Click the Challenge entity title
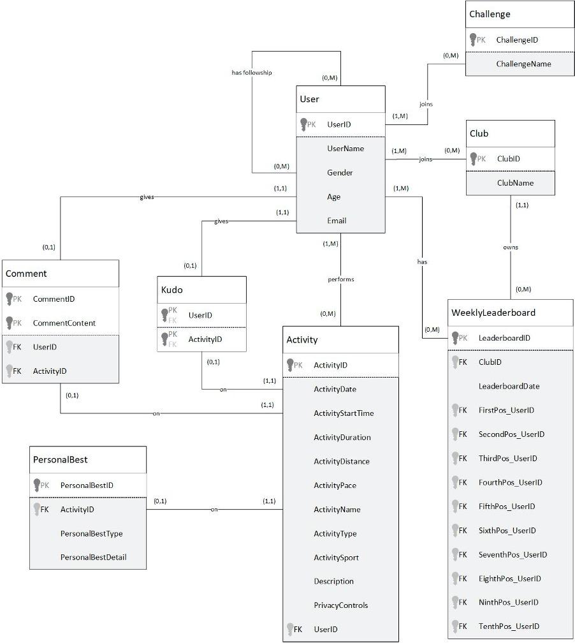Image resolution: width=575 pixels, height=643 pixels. tap(490, 14)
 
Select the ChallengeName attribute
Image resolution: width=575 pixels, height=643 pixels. tap(523, 64)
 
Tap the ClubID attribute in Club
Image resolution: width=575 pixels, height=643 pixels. tap(508, 159)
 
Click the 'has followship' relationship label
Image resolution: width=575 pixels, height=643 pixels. tap(251, 73)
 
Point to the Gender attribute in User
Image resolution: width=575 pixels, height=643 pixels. tap(340, 173)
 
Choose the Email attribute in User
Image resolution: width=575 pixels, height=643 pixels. tap(337, 221)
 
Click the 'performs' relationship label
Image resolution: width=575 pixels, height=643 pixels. tap(341, 279)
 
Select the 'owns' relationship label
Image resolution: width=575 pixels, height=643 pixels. tap(511, 247)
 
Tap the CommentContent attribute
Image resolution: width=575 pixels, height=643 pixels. tap(64, 323)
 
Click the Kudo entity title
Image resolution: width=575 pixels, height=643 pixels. tap(171, 290)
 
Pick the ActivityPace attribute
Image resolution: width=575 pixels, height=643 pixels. tap(335, 485)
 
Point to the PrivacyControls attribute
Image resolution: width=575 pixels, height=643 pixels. tap(340, 605)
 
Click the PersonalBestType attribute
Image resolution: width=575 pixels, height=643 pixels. tap(91, 533)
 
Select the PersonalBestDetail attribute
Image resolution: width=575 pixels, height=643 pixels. tap(93, 557)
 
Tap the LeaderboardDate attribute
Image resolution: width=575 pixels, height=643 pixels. tap(508, 386)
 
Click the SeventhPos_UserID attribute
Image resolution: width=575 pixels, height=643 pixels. tap(513, 554)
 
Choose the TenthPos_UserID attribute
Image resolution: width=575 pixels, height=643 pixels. tap(509, 626)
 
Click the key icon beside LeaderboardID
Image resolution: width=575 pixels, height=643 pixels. tap(456, 337)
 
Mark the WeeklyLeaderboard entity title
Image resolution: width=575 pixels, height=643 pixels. tap(493, 313)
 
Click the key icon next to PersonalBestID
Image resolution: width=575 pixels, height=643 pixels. tap(38, 485)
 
